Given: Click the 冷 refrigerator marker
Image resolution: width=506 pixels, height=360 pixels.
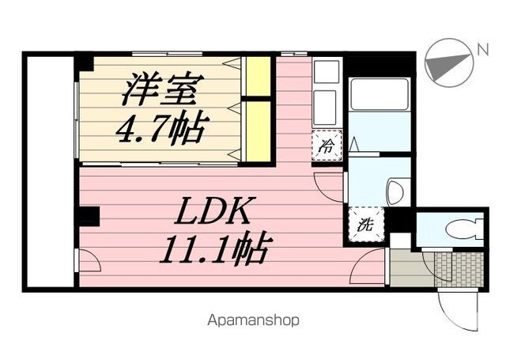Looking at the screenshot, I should point(326,146).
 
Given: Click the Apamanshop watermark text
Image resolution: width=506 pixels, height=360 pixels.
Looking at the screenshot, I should point(253,321).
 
